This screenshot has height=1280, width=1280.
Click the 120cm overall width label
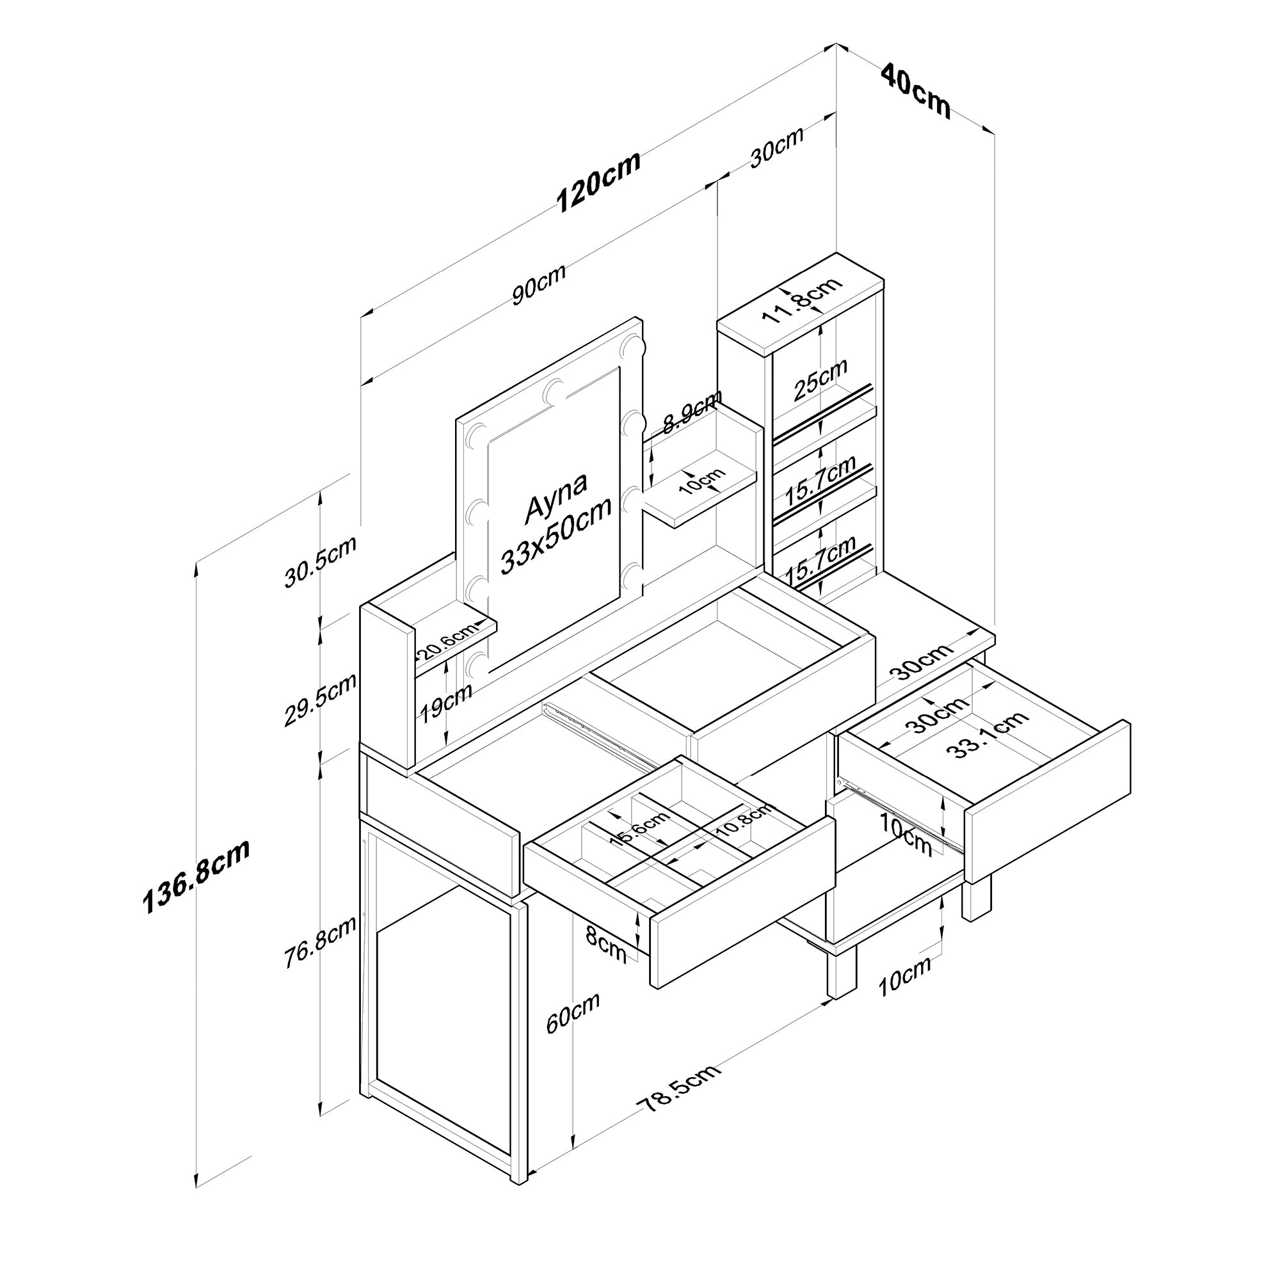(x=598, y=182)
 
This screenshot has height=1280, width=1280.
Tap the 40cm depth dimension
(x=916, y=91)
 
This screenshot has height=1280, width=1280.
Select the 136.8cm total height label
(x=196, y=877)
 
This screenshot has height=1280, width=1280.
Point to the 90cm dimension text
(x=539, y=284)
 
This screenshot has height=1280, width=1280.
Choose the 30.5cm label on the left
(x=320, y=561)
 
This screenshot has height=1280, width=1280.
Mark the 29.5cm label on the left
(x=320, y=699)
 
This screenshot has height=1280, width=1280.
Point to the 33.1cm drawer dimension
(x=986, y=734)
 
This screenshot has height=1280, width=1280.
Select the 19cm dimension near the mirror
(x=445, y=701)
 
